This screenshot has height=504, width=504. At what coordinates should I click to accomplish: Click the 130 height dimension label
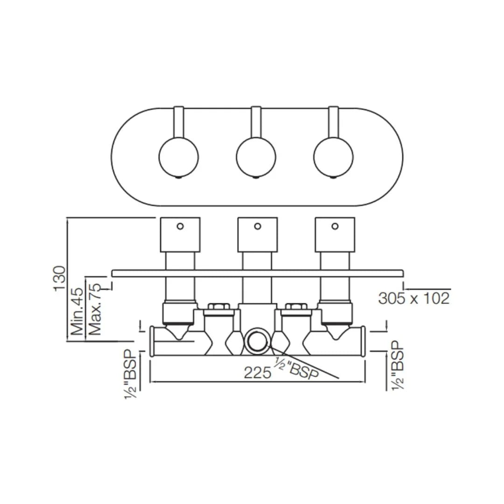click(x=60, y=278)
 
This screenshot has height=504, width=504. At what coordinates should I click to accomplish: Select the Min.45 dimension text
click(x=77, y=311)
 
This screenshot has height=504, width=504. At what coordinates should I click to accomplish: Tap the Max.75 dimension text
click(x=95, y=308)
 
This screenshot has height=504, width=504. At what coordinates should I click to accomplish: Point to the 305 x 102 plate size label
click(x=413, y=298)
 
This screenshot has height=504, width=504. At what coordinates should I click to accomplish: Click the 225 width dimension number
click(x=257, y=372)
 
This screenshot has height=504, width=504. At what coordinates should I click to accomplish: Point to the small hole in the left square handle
click(x=180, y=226)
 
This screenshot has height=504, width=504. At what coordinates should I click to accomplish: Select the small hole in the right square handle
click(x=335, y=226)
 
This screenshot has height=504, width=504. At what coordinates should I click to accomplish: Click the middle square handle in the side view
click(x=257, y=235)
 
